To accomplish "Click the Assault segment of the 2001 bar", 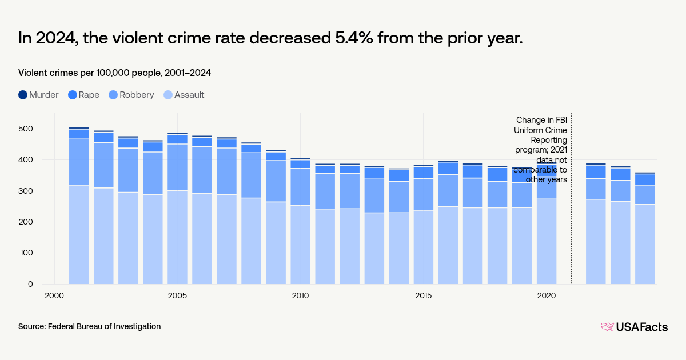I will point(79,234).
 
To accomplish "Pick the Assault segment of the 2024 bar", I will point(645,244).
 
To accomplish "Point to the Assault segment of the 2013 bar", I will point(374,248).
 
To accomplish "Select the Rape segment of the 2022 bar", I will point(596,171).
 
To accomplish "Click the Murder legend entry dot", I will point(22,95).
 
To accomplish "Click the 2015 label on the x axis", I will point(423,295).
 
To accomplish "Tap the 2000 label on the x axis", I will point(54,295).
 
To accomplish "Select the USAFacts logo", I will point(634,327).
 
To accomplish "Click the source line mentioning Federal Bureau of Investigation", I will point(89,326).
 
